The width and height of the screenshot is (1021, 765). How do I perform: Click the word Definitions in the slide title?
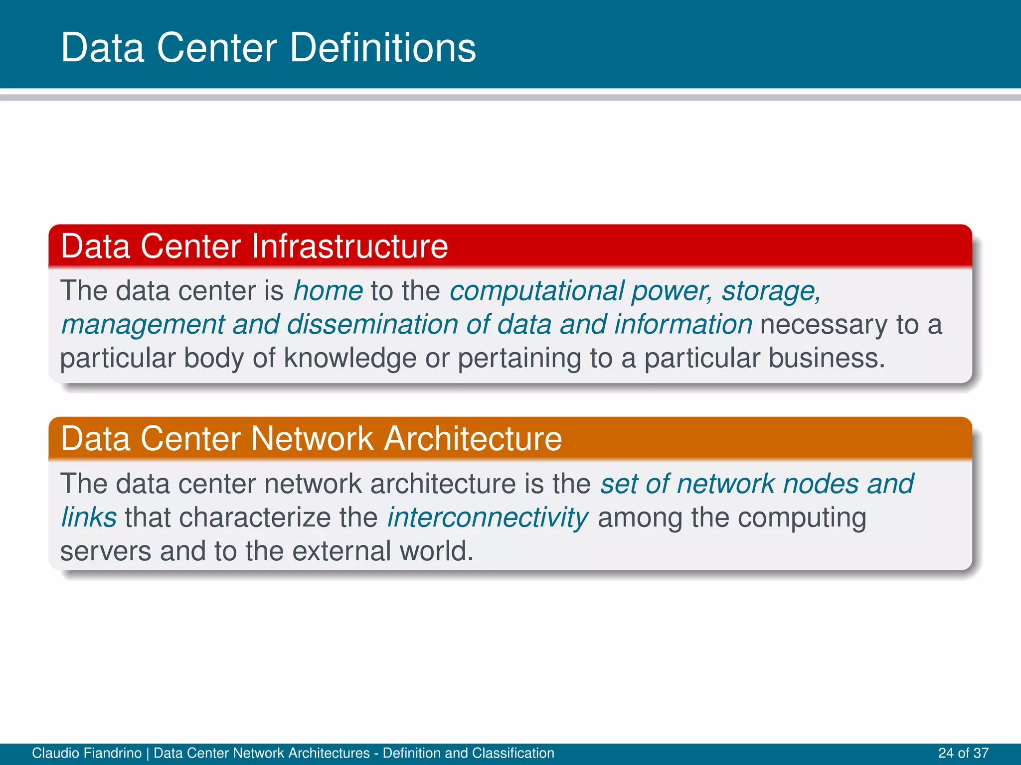[x=382, y=48]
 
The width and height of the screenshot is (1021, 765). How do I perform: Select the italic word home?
[x=328, y=291]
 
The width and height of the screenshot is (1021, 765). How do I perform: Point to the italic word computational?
[x=537, y=291]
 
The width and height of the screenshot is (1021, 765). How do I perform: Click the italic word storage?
[x=771, y=291]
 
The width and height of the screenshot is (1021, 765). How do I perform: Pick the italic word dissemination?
[x=372, y=324]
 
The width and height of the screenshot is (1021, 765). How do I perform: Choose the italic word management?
[x=143, y=324]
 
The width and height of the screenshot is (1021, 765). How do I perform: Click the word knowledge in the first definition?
[x=350, y=358]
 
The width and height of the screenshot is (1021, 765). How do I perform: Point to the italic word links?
[x=89, y=517]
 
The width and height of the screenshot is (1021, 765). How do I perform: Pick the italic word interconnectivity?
[x=488, y=517]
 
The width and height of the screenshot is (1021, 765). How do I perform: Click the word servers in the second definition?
[x=105, y=551]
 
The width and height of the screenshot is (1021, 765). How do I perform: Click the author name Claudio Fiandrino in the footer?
[x=87, y=753]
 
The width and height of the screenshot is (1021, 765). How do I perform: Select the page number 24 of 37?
[x=963, y=753]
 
